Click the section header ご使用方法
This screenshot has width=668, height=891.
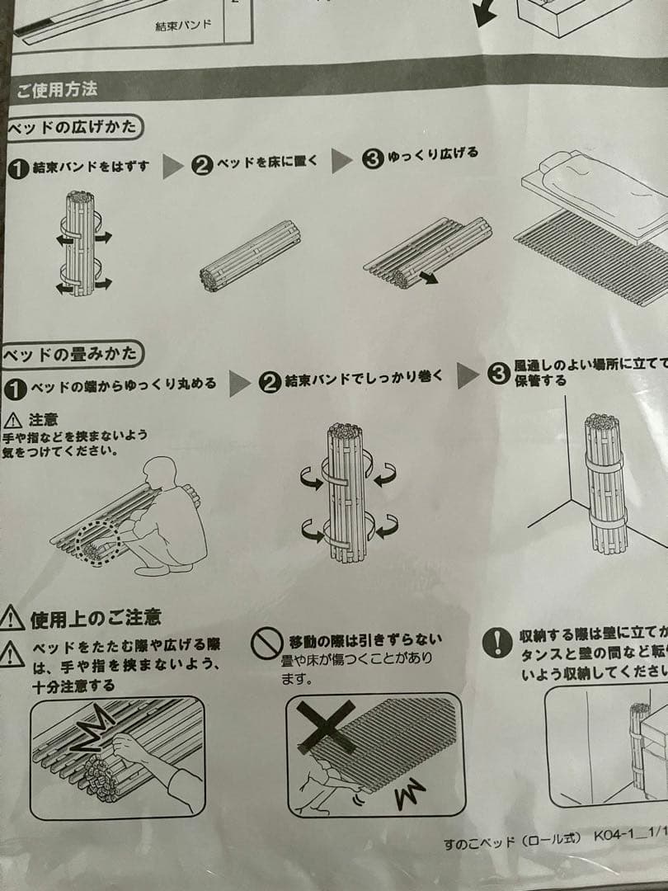point(57,88)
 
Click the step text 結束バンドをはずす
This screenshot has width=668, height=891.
point(91,167)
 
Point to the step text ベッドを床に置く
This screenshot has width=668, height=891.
point(266,162)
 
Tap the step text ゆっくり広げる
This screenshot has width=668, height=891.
point(433,155)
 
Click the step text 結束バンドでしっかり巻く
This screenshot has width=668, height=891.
point(364,379)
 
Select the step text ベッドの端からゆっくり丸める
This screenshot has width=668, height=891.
point(124,385)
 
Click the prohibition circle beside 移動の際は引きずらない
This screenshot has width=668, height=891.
point(266,644)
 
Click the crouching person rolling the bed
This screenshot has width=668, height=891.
point(169,516)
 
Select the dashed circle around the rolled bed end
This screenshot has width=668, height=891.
point(97,542)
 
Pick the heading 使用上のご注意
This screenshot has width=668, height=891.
point(95,616)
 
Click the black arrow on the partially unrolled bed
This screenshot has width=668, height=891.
point(427,278)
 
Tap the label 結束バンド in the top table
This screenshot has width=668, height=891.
point(183,25)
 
